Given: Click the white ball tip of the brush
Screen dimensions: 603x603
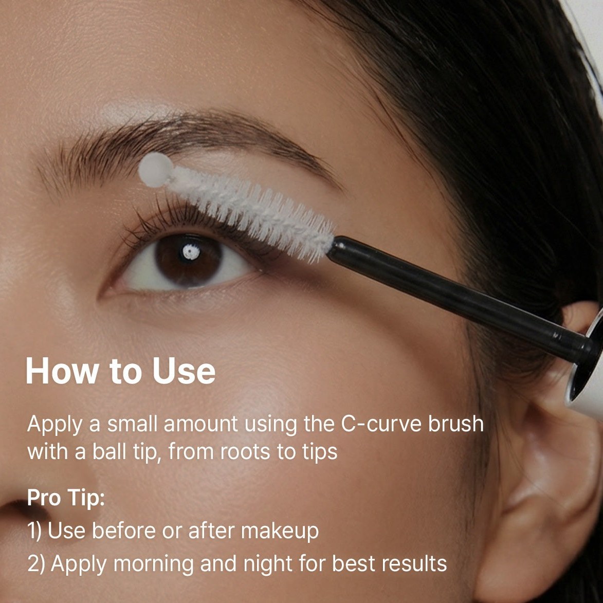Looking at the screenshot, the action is click(156, 170).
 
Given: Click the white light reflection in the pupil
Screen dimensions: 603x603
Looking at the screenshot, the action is click(191, 252).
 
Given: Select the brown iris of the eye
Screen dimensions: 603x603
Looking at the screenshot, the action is click(189, 260).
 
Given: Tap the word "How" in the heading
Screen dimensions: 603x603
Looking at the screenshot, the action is click(62, 371).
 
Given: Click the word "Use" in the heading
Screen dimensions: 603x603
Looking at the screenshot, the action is click(184, 371).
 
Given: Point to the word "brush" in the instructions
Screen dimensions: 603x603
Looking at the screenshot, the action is click(456, 424).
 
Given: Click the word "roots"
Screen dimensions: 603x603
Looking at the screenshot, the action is click(245, 452).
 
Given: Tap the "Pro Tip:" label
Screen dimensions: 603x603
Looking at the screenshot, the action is click(66, 498).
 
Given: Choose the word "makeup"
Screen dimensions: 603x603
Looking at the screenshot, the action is click(280, 532).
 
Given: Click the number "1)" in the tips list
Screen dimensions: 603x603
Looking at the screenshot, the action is click(34, 531).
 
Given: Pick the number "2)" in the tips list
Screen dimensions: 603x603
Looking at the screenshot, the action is click(36, 564).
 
